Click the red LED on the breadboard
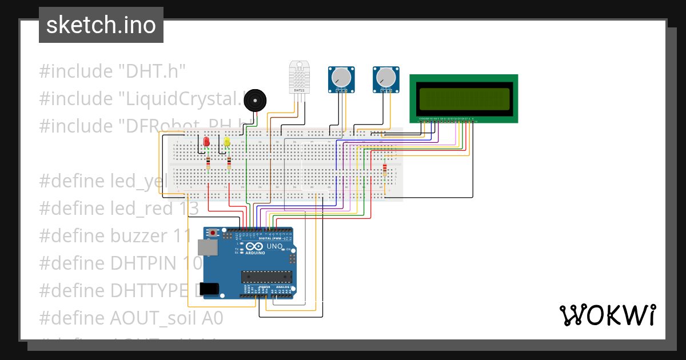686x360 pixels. coord(206,141)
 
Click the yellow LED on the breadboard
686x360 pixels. coord(227,141)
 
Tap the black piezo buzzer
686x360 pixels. coord(255,102)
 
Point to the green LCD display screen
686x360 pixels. coord(464,98)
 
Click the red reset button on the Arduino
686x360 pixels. coord(214,233)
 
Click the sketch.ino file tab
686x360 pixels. coord(101,25)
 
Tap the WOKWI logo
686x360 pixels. coord(607,315)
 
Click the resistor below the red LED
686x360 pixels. coord(208,165)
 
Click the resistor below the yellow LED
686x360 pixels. coord(229,165)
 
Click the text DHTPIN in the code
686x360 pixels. coord(144,263)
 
